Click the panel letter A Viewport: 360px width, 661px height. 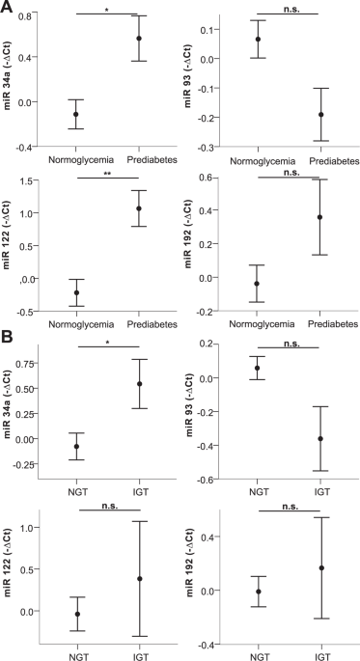tap(8, 8)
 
